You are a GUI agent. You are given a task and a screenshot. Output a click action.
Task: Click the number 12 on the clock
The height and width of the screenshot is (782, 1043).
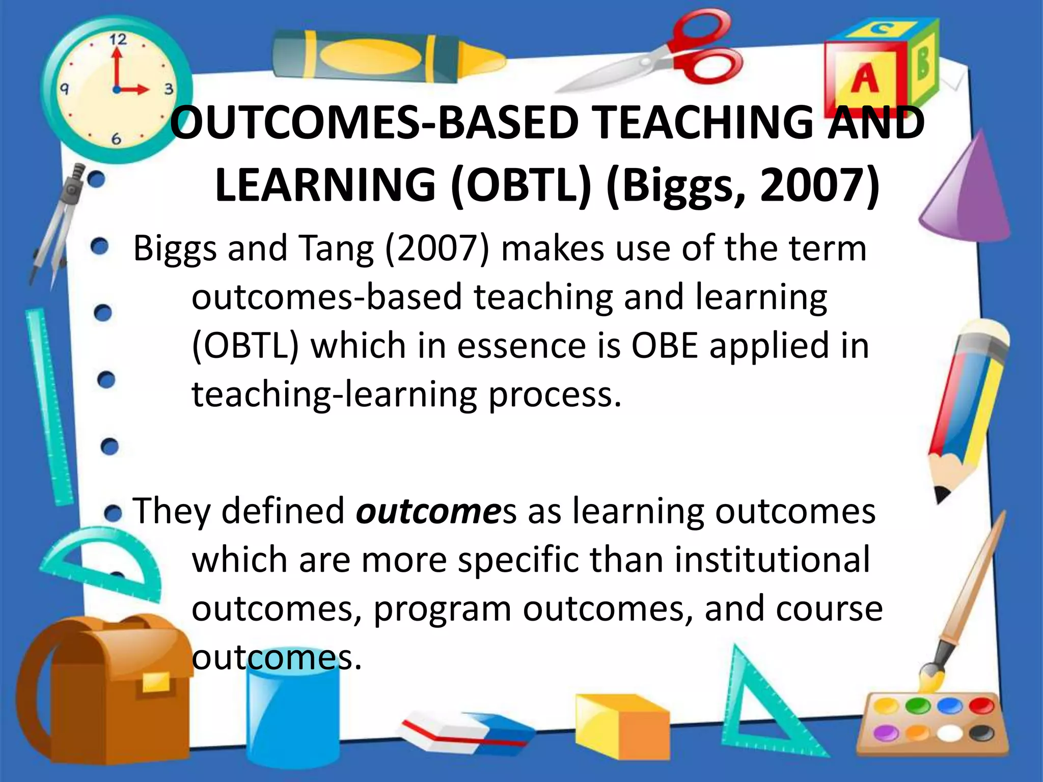118,40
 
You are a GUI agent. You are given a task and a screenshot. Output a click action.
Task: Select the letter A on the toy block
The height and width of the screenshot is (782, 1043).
864,79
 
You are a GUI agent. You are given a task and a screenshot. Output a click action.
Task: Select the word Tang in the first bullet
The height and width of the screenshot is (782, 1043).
336,249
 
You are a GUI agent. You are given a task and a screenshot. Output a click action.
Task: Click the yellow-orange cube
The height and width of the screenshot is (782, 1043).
621,723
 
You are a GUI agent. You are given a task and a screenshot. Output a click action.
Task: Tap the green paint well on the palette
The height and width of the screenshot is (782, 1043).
918,707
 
